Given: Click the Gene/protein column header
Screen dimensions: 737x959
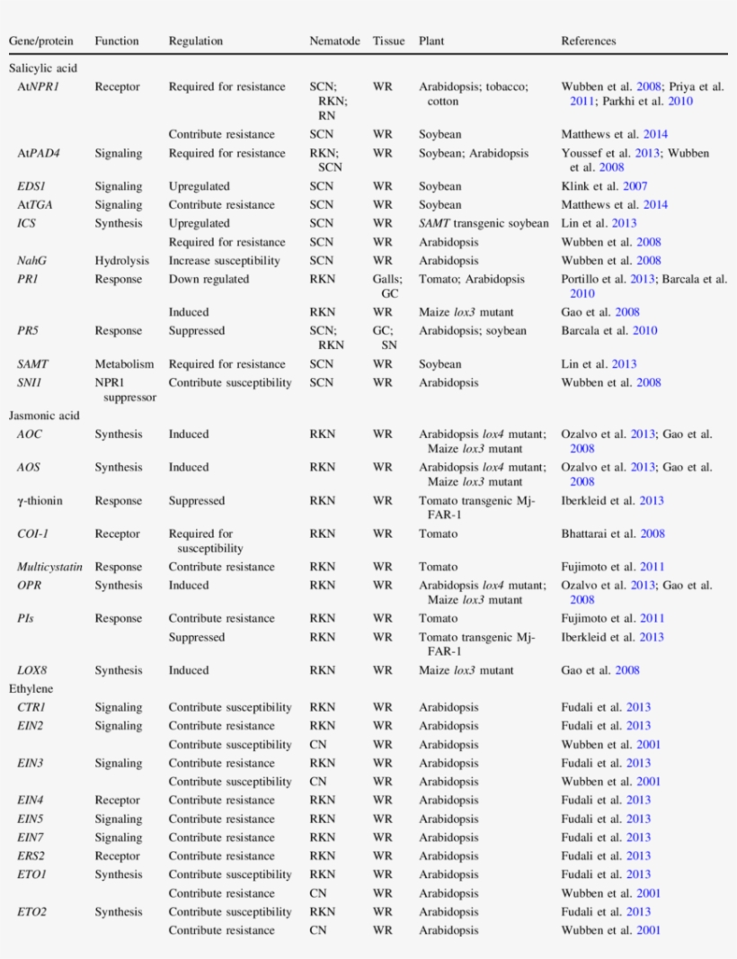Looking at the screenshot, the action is point(41,41).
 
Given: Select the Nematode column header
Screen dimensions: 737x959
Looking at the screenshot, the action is point(334,41).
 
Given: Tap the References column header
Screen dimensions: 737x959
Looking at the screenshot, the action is point(589,41).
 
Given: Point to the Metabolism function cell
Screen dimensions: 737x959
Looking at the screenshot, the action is point(124,364).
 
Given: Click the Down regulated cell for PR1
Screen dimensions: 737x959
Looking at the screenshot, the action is point(209,280).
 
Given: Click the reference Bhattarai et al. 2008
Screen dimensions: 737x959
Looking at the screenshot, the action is point(613,533).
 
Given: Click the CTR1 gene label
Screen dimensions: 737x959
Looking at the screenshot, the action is point(31,707).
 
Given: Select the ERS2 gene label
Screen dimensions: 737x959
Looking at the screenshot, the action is point(31,856).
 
